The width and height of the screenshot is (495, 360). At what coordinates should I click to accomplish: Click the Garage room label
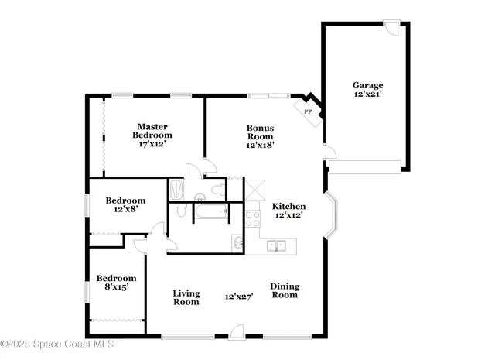(x=367, y=85)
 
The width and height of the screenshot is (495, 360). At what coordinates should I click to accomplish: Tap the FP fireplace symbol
(x=308, y=111)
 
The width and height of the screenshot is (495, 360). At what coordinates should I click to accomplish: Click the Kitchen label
(x=288, y=207)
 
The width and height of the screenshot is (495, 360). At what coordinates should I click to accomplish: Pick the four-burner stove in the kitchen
(x=253, y=218)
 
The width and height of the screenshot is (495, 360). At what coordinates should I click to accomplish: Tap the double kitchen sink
(x=277, y=246)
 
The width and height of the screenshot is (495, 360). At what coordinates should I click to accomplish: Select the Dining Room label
(x=284, y=290)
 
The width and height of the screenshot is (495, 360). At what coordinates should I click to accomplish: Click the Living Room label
(x=186, y=297)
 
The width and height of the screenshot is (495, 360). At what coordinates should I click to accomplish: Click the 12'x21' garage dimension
(x=367, y=94)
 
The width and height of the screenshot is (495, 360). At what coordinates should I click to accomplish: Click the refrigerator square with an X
(x=254, y=188)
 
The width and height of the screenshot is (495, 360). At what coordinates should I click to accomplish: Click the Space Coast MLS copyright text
(x=58, y=343)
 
